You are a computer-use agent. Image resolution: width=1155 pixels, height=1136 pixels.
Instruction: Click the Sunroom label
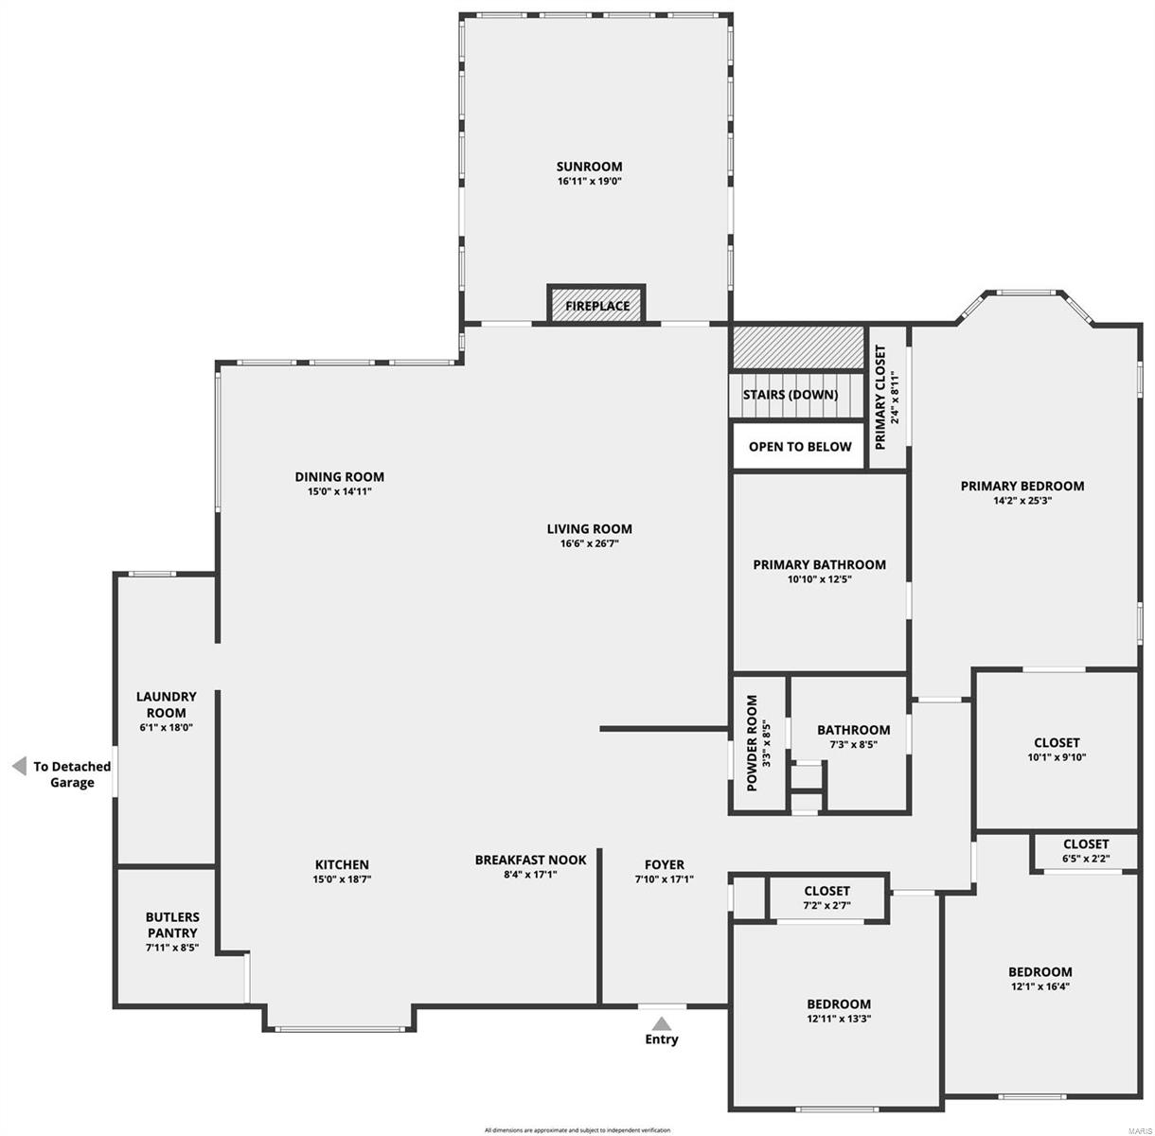pos(589,167)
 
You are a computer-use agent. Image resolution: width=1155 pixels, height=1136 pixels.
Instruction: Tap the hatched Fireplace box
pos(596,306)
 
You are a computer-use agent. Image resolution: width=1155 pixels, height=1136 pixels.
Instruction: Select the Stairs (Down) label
pos(790,395)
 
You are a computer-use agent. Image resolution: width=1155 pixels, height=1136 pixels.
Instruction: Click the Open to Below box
pos(800,447)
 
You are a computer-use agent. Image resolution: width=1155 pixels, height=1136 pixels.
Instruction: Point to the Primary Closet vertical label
pos(880,397)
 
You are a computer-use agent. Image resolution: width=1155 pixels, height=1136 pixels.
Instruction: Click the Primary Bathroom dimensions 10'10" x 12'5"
pos(819,579)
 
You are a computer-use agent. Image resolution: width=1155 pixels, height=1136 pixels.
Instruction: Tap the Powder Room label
pos(752,744)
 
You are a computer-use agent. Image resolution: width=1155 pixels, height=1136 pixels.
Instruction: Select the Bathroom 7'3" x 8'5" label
pos(853,730)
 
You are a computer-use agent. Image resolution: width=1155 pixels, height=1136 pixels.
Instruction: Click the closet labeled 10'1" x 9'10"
pos(1057,743)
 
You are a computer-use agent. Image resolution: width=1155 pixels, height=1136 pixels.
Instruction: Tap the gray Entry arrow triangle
pos(662,1023)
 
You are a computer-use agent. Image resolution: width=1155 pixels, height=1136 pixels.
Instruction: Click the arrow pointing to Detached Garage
pos(19,767)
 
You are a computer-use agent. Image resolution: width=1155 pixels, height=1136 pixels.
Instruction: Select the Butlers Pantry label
pos(172,925)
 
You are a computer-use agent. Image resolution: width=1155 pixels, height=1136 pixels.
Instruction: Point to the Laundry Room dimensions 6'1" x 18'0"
pos(166,728)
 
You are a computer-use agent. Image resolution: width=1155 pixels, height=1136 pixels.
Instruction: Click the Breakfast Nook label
pos(530,860)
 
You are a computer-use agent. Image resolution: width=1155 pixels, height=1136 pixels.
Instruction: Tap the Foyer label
pos(664,864)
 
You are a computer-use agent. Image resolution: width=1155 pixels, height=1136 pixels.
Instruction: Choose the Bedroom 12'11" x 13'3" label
pos(838,1003)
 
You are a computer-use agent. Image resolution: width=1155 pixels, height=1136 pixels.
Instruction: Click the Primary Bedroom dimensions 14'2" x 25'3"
pos(1022,501)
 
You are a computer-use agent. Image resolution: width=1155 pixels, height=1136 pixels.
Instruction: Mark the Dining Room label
pos(339,477)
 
